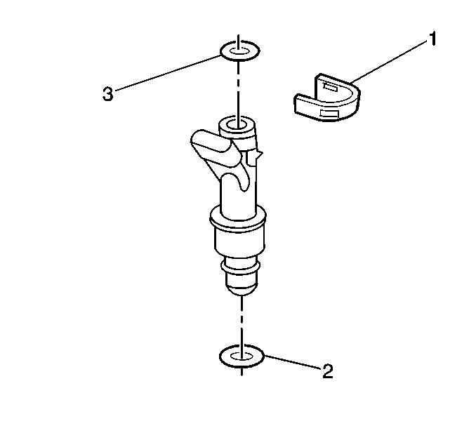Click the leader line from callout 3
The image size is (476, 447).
click(x=168, y=73)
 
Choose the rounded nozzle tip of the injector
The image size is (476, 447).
click(x=242, y=283)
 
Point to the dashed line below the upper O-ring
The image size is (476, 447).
click(x=239, y=88)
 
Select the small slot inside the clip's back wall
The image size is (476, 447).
click(x=328, y=88)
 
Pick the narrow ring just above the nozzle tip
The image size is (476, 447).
click(x=241, y=267)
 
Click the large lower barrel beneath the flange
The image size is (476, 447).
click(x=239, y=246)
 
